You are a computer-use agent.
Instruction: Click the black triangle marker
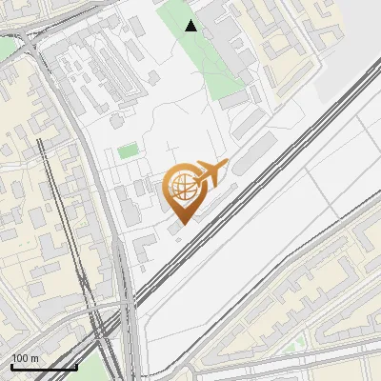[x=191, y=26]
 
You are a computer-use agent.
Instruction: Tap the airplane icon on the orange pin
[x=211, y=172]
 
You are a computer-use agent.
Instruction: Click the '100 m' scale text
[x=26, y=358]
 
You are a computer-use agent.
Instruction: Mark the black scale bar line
[x=44, y=367]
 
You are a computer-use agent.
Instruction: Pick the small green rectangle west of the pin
[x=127, y=150]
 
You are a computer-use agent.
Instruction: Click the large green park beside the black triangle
[x=205, y=57]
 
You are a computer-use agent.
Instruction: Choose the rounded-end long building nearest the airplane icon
[x=250, y=152]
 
